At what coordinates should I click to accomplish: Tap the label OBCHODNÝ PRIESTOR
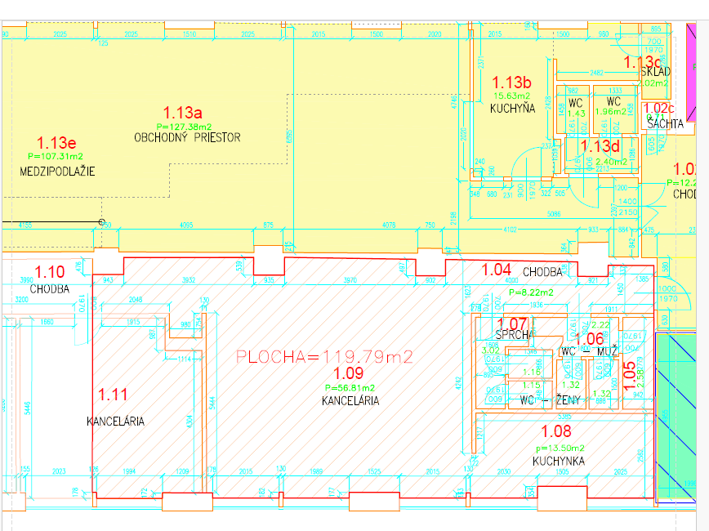[187, 137]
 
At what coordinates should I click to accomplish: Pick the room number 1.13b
[512, 83]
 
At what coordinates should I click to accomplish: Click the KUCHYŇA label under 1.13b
[512, 108]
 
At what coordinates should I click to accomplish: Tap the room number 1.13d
[600, 147]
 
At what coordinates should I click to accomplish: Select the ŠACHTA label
[664, 123]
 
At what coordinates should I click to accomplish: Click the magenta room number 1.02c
[659, 108]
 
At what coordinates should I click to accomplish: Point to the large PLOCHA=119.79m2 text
[324, 356]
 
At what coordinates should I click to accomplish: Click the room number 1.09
[350, 373]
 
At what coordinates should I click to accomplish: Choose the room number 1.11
[113, 395]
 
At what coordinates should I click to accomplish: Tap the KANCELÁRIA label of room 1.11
[115, 422]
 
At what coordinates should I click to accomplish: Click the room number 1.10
[48, 271]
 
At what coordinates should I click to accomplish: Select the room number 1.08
[558, 432]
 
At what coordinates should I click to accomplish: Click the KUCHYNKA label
[559, 462]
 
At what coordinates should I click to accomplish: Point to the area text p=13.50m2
[560, 448]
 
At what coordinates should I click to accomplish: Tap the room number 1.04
[497, 269]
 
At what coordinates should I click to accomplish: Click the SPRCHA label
[515, 335]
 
